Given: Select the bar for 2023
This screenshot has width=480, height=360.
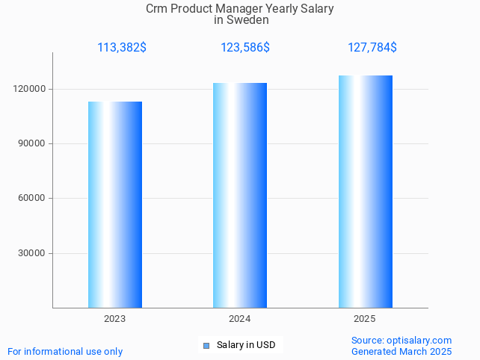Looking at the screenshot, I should [x=115, y=205].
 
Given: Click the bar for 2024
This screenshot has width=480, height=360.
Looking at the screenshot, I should [x=240, y=196].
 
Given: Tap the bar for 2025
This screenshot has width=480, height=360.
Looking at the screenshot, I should [x=365, y=192].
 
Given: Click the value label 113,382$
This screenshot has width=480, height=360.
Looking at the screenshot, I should [x=122, y=48].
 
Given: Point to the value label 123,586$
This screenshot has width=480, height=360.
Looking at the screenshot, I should [x=245, y=48].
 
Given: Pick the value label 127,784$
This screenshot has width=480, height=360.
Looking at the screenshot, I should [x=372, y=48].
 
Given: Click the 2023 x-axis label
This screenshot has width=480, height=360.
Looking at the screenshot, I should [x=115, y=319].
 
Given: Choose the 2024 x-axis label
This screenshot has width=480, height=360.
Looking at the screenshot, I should [x=240, y=319].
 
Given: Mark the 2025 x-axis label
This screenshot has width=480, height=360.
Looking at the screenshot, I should [x=365, y=319].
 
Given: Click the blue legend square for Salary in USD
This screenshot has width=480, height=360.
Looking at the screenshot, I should [x=206, y=345].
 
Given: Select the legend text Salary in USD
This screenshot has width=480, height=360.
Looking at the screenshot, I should [x=246, y=345].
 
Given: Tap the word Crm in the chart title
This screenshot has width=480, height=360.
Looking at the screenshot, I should [x=158, y=9].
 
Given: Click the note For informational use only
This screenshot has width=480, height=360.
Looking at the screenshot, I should [x=65, y=351].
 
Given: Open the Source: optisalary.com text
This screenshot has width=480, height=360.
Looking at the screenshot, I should [x=401, y=340].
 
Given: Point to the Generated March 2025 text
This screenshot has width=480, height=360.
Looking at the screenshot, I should [x=401, y=351].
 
